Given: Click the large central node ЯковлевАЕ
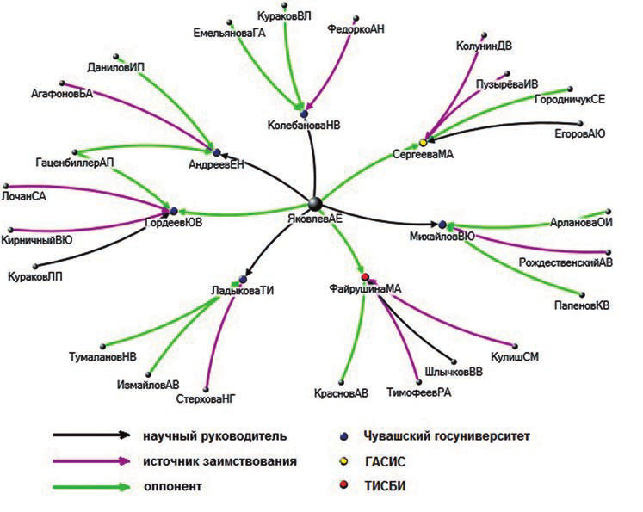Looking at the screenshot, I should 316,203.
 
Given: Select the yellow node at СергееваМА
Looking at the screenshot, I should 423,142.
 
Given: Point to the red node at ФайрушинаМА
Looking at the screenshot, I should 366,276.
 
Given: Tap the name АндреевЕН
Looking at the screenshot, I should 216,165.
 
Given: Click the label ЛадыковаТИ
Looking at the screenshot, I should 242,291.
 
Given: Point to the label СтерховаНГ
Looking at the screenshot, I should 206,398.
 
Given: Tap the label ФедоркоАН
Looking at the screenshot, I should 356,28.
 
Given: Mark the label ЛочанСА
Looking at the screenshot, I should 25,196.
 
